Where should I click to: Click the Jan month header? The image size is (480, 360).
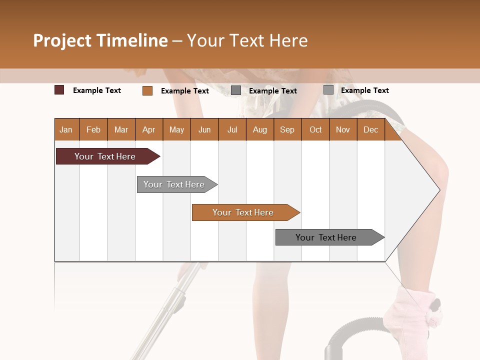pyautogui.click(x=66, y=129)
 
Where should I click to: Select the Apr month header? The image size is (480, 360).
pyautogui.click(x=148, y=129)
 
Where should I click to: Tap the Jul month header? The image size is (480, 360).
pyautogui.click(x=232, y=129)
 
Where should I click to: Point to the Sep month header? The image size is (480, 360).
pyautogui.click(x=287, y=129)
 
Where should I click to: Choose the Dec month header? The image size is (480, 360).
pyautogui.click(x=370, y=129)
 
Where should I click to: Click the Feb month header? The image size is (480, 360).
pyautogui.click(x=93, y=129)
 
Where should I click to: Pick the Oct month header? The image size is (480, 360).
pyautogui.click(x=315, y=129)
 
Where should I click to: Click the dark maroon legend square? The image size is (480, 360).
pyautogui.click(x=59, y=90)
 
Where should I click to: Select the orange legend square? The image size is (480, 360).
pyautogui.click(x=147, y=90)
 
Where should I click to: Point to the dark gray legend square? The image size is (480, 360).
pyautogui.click(x=236, y=90)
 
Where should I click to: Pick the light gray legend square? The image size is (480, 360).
pyautogui.click(x=328, y=90)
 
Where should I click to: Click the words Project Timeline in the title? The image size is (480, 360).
pyautogui.click(x=100, y=40)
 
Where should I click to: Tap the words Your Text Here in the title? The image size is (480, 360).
pyautogui.click(x=247, y=40)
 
